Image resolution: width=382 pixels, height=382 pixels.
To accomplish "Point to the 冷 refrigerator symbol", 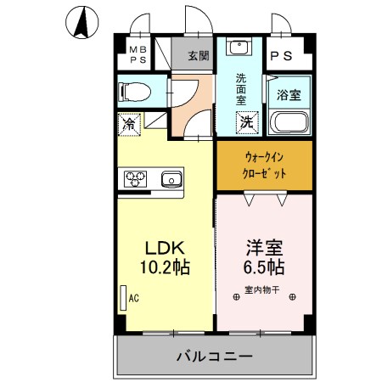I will pos(130,124).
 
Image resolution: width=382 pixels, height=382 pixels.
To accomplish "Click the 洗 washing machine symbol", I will pos(245,122).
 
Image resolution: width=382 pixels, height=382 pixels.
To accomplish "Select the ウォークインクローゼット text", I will pos(264,165).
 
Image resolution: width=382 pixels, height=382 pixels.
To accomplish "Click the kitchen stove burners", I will pos(136,178).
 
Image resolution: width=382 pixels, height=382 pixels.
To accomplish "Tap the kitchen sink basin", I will pos(171,178).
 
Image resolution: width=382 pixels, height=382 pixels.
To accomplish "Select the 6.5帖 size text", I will pos(264,267).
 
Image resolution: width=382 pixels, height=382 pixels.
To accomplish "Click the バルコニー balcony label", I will pos(214,356).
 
